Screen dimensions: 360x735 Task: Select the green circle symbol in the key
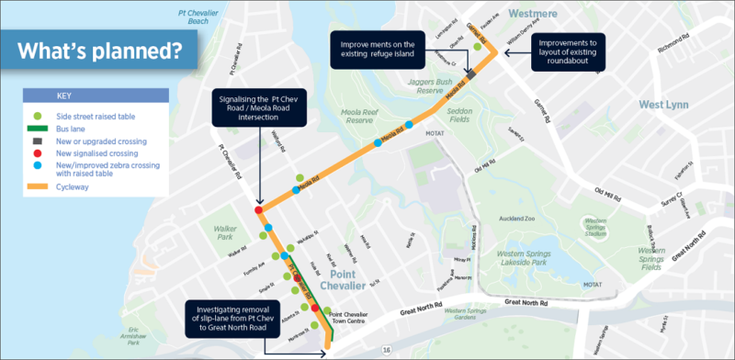coord(38,118)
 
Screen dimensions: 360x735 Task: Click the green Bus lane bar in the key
coord(38,129)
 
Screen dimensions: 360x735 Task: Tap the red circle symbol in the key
coord(38,152)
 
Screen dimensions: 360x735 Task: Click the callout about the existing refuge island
coord(378,49)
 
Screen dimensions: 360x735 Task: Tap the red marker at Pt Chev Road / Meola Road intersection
coord(258,210)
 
